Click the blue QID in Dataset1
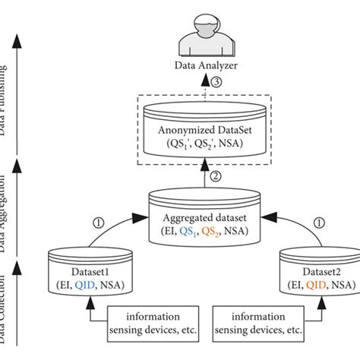click(89, 286)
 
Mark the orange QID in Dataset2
click(320, 286)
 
